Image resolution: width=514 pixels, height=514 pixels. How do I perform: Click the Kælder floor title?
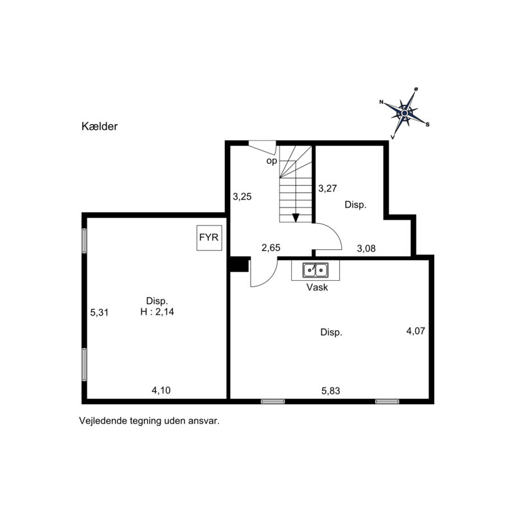[100, 126]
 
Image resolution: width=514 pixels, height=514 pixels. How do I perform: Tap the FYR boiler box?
[209, 238]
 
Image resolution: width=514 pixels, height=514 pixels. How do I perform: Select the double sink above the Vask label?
[315, 270]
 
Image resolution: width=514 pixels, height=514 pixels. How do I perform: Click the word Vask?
[317, 287]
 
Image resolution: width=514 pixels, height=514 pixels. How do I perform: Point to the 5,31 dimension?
[100, 312]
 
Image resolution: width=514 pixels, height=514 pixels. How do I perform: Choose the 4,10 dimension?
[161, 390]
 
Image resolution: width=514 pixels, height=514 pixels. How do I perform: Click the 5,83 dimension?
[331, 391]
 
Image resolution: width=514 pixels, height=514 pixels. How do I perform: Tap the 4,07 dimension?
[416, 331]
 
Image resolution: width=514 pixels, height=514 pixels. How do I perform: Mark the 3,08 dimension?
[366, 249]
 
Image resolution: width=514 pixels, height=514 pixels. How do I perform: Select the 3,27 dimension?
[328, 188]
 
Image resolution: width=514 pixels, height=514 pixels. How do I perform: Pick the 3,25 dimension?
[242, 197]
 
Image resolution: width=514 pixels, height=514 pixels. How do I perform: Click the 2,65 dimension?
[270, 247]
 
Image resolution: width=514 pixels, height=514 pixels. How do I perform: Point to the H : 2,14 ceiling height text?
[157, 312]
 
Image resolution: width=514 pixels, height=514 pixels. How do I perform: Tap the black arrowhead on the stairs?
[296, 217]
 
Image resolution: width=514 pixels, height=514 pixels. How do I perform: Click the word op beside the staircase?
[272, 161]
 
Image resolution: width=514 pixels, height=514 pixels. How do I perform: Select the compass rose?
[405, 113]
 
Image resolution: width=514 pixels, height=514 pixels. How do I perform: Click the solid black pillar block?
[239, 264]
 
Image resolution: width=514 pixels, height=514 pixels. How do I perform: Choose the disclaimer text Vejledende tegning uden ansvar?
[149, 421]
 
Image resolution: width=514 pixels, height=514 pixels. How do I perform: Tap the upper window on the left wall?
[84, 240]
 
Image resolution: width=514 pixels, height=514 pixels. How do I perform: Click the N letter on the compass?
[381, 102]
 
